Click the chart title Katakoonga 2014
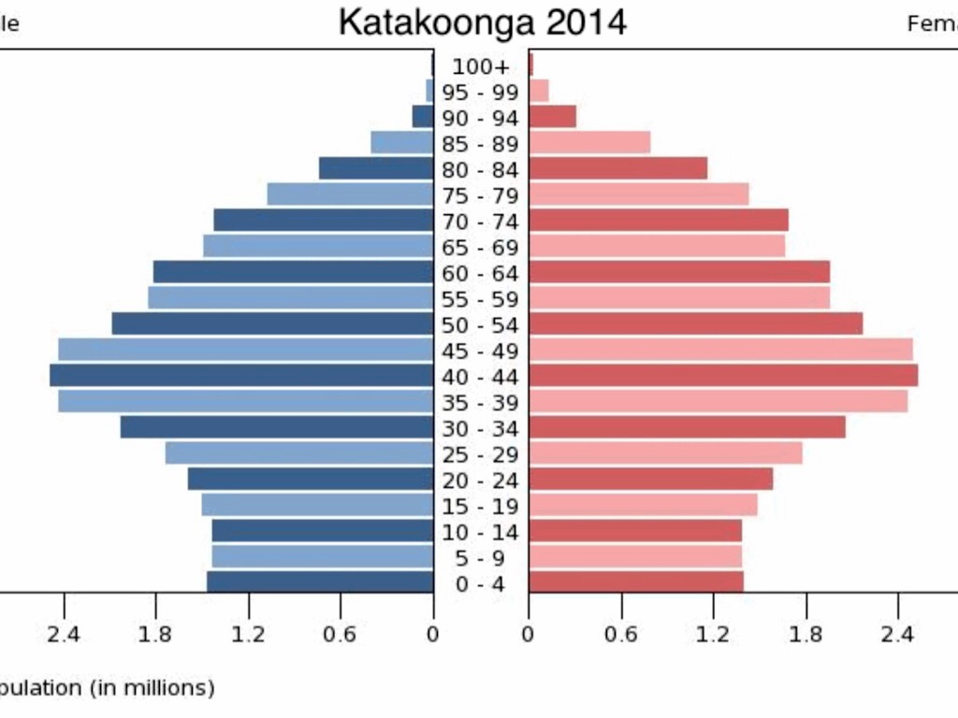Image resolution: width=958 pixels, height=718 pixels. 482,22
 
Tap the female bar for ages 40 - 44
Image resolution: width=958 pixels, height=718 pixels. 723,375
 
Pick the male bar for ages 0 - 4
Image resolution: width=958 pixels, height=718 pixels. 320,582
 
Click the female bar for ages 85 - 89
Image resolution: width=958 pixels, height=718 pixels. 589,142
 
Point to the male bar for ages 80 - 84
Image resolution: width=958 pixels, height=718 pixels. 376,168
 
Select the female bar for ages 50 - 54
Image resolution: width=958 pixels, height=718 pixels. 695,323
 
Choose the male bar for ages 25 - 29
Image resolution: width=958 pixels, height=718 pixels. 299,452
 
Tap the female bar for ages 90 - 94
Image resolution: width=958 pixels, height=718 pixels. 552,116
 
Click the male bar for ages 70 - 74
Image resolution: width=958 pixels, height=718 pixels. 324,220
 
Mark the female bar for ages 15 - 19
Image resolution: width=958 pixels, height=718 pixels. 643,505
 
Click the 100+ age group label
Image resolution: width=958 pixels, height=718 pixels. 481,66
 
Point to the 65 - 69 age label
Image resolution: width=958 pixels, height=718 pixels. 481,248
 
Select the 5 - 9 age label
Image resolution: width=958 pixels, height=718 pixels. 481,559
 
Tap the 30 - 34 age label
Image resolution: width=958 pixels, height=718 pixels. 481,429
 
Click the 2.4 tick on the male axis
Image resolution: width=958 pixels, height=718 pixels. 63,635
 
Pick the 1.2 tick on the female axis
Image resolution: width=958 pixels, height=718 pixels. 713,635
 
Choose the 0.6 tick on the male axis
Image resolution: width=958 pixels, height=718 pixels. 341,635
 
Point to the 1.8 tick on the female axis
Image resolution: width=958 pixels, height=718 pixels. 806,635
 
